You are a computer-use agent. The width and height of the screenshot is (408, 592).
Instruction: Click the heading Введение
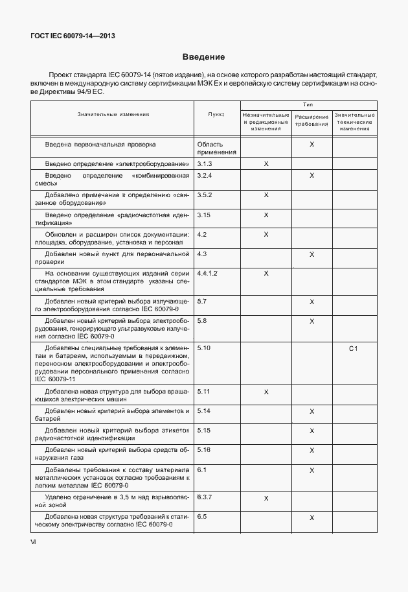tap(203, 57)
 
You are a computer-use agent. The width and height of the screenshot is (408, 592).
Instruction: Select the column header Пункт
tap(216, 114)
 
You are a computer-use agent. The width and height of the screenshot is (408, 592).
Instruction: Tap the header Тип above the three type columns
tap(308, 104)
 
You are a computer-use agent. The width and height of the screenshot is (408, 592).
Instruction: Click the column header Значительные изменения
tap(113, 114)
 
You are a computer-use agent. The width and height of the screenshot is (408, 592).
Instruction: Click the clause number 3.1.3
tap(205, 165)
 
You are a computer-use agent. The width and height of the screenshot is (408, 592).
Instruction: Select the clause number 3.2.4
tap(205, 176)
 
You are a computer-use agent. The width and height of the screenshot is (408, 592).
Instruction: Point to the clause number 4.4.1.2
tap(207, 274)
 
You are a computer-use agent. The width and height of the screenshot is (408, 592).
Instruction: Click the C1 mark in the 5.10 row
tap(354, 349)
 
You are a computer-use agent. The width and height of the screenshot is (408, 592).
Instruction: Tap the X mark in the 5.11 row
tap(266, 392)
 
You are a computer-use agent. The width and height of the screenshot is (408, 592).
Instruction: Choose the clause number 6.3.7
tap(205, 497)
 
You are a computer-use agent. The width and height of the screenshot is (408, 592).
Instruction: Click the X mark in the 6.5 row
tap(312, 517)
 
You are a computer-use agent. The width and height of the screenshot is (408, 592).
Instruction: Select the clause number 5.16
tap(204, 449)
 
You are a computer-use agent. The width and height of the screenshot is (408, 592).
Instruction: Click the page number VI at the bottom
tap(34, 542)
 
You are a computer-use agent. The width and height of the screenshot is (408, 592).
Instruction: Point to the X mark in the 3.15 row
tap(266, 215)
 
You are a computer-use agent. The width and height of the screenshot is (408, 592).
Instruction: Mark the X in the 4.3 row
tap(312, 255)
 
